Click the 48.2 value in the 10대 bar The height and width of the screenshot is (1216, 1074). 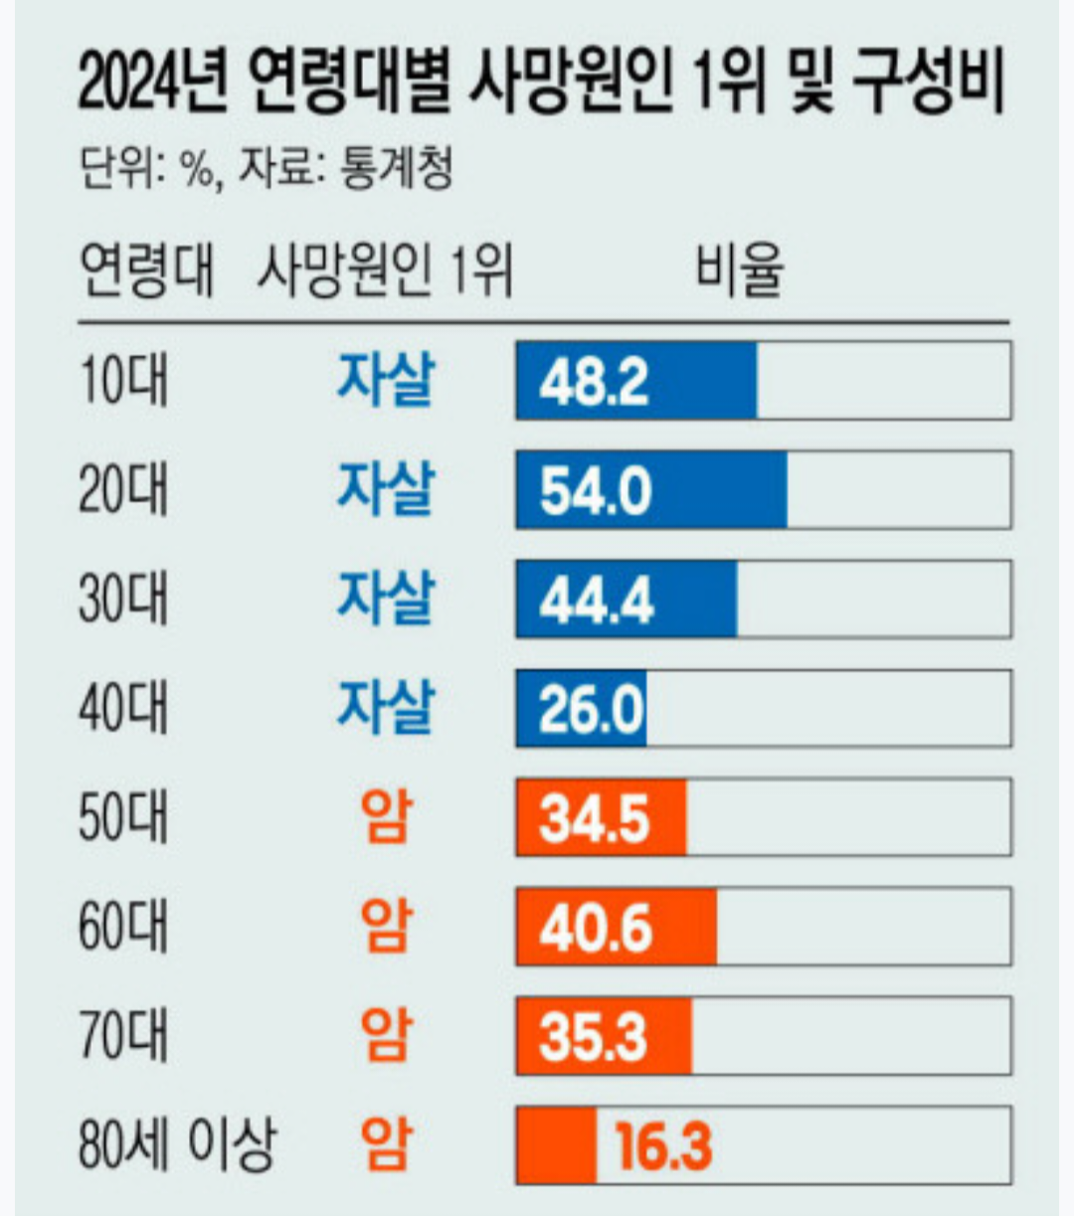pyautogui.click(x=594, y=381)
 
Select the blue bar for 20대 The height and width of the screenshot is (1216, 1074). pyautogui.click(x=651, y=490)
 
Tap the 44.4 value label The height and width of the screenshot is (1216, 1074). pyautogui.click(x=596, y=600)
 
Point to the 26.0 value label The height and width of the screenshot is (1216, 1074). pyautogui.click(x=592, y=709)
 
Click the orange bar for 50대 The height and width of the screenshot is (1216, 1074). pyautogui.click(x=601, y=818)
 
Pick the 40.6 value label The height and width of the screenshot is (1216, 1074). pyautogui.click(x=596, y=928)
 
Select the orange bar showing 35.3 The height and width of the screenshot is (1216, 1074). pyautogui.click(x=604, y=1037)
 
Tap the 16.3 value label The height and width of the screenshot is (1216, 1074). pyautogui.click(x=663, y=1145)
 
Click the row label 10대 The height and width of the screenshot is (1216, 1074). pyautogui.click(x=124, y=381)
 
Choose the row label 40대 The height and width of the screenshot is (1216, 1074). pyautogui.click(x=124, y=709)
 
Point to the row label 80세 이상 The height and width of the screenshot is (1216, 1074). pyautogui.click(x=176, y=1145)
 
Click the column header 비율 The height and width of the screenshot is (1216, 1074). pyautogui.click(x=739, y=269)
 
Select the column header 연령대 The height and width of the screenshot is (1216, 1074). pyautogui.click(x=145, y=269)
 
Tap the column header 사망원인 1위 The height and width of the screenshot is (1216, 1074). pyautogui.click(x=384, y=269)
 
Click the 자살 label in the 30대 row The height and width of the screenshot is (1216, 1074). pyautogui.click(x=386, y=599)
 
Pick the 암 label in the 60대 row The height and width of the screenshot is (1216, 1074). pyautogui.click(x=386, y=927)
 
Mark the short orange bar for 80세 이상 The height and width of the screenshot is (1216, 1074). pyautogui.click(x=556, y=1145)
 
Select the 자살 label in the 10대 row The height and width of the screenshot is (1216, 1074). pyautogui.click(x=386, y=380)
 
